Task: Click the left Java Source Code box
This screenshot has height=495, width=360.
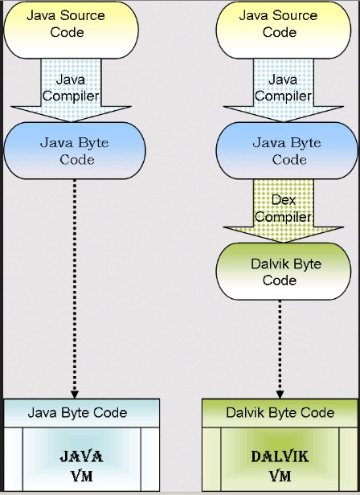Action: (x=71, y=30)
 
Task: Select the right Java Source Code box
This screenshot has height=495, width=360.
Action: (x=284, y=30)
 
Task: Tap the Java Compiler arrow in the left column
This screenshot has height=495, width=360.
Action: (x=71, y=90)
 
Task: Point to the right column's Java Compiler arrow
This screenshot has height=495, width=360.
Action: (x=284, y=90)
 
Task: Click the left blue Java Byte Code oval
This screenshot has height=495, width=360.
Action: (x=75, y=150)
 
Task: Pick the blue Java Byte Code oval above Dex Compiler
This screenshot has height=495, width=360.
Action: (x=287, y=150)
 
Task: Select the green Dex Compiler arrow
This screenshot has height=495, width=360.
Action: (x=284, y=211)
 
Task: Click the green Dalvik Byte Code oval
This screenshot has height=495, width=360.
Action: (x=284, y=271)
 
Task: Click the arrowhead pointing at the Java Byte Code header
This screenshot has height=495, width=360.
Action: (x=75, y=395)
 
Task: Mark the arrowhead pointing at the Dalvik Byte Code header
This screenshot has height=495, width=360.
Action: (x=280, y=395)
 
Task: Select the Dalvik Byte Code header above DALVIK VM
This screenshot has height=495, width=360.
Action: (x=280, y=413)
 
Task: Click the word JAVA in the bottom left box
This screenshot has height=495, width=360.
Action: (x=81, y=456)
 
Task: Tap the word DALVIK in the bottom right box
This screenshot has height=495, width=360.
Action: (x=280, y=456)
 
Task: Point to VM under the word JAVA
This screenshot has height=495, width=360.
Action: (x=81, y=476)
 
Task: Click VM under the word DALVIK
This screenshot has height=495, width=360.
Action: (x=280, y=476)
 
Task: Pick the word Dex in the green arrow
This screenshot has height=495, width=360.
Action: (x=284, y=200)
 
